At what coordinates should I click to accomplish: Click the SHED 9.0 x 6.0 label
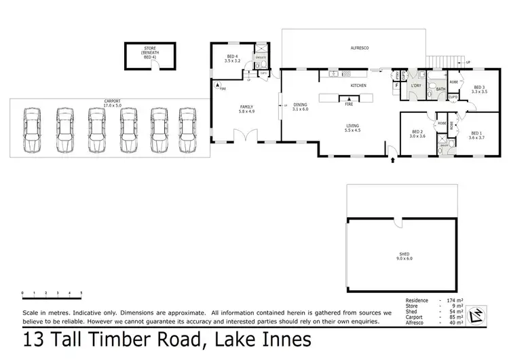(x=404, y=257)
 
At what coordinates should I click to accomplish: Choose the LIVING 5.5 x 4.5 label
(x=352, y=128)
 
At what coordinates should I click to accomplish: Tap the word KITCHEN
(x=358, y=86)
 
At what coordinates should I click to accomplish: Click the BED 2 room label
(x=417, y=134)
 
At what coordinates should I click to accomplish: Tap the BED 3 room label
(x=479, y=89)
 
